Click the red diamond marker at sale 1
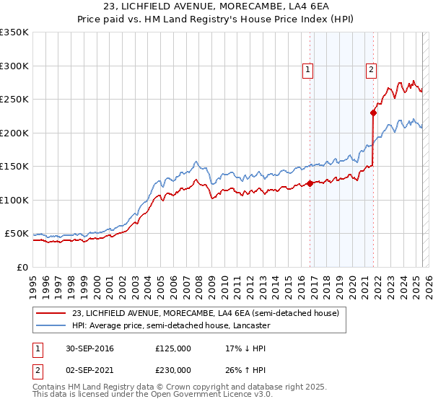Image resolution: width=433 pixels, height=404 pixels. point(310,183)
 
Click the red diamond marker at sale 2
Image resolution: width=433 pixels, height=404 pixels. point(373,113)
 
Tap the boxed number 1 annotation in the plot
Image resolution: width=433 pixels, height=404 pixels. point(307,70)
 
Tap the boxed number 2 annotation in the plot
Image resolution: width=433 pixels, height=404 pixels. point(370,70)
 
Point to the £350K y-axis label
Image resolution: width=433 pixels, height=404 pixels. point(14,32)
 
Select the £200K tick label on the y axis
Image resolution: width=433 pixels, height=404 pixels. point(14,133)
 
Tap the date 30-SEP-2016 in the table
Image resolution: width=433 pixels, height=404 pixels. point(89,348)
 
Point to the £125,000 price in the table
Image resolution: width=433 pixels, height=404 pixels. point(173,348)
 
